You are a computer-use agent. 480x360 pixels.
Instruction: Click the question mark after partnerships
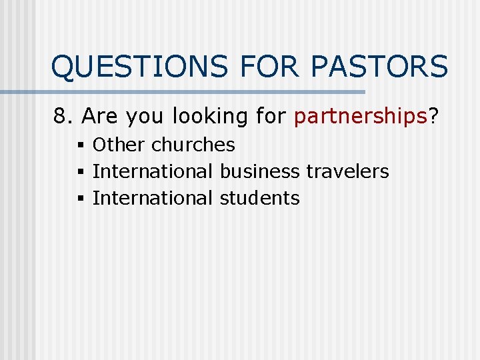coord(433,117)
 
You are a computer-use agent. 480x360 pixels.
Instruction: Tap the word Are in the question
coord(101,117)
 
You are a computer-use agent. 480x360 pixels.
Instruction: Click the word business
coord(259,171)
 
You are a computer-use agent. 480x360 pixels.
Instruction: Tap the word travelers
coord(347,171)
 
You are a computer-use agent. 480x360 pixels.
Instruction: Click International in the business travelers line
coord(153,171)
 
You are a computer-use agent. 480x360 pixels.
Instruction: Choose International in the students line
coord(153,198)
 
